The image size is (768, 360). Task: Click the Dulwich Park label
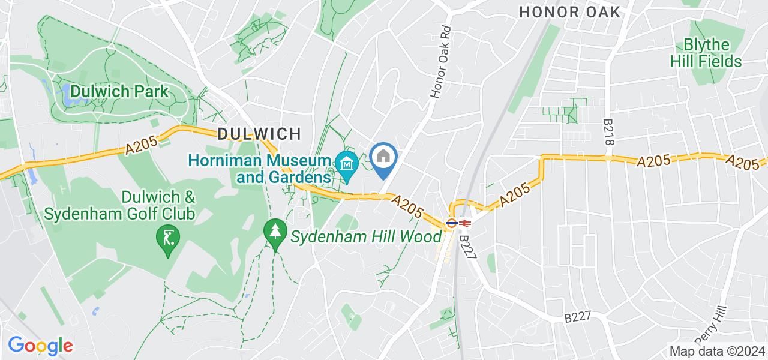[x=119, y=92]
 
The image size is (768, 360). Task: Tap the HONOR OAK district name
[x=569, y=12]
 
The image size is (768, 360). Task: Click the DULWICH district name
[x=259, y=133]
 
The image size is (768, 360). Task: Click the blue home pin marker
[x=383, y=158]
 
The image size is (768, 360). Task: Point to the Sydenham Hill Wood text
[x=366, y=236]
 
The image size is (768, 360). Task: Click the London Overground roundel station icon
[x=451, y=223]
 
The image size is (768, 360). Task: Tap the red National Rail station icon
[x=465, y=223]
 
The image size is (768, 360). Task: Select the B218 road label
[x=609, y=129]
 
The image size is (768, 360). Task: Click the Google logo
[x=40, y=345]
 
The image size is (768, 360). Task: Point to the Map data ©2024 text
[x=717, y=352]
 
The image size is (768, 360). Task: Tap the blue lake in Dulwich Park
[x=65, y=93]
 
